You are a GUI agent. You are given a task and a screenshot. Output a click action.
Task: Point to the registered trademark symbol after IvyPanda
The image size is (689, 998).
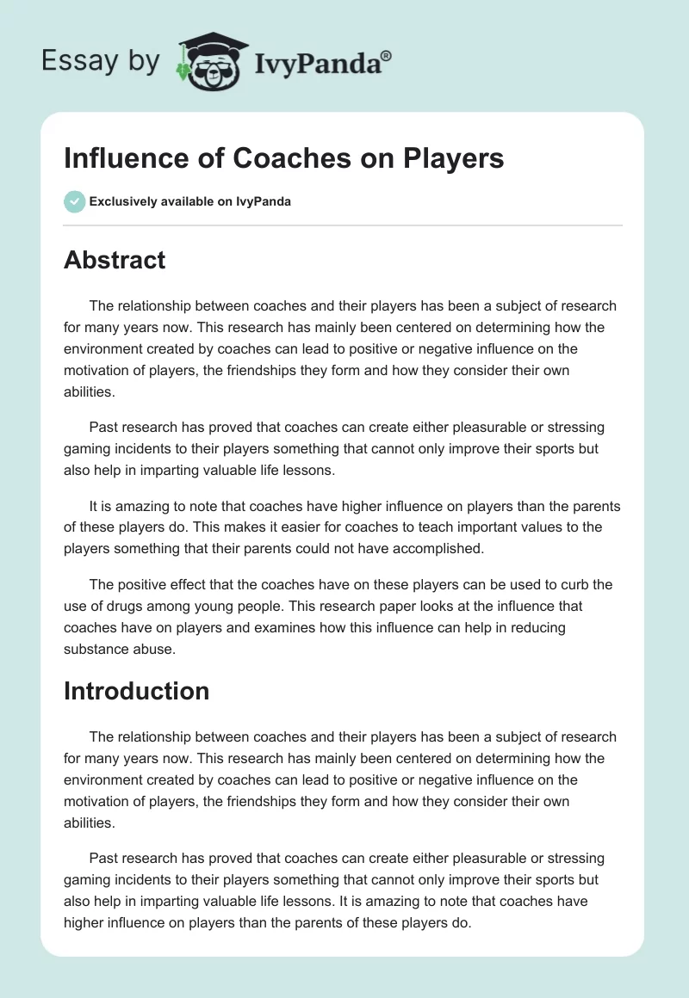[387, 55]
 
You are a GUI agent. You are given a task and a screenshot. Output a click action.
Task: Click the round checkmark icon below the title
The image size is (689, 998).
[74, 201]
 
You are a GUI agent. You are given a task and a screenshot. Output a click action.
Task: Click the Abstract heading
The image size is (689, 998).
[115, 260]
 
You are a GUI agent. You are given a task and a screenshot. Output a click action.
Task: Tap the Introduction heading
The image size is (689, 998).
[136, 691]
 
